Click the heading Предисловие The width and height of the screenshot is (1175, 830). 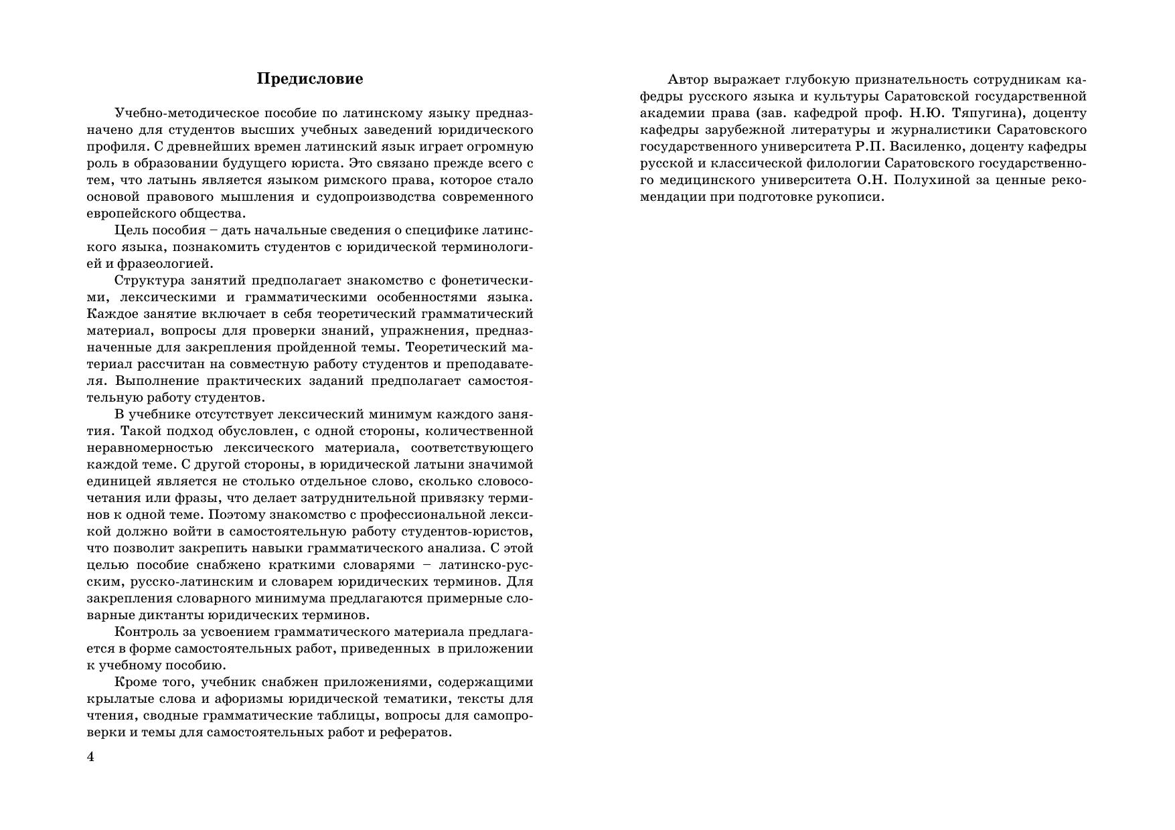click(x=310, y=79)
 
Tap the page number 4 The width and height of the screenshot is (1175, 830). click(x=91, y=757)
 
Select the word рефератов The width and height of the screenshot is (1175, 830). click(x=416, y=732)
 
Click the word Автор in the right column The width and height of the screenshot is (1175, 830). click(x=688, y=80)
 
